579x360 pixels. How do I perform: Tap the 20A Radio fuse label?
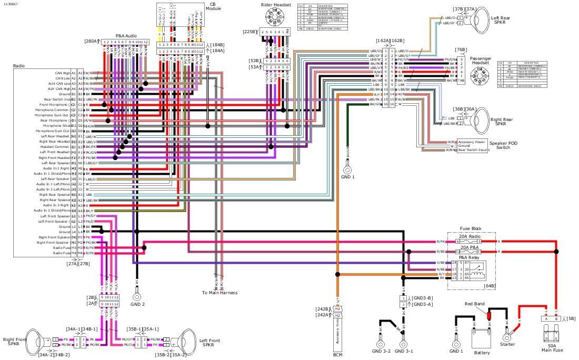472,236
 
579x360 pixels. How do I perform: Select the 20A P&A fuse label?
472,247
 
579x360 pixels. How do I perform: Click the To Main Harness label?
219,293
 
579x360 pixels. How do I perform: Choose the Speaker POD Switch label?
500,145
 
